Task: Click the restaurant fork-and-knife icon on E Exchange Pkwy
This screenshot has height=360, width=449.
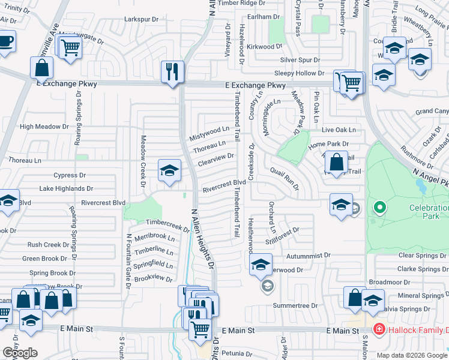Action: tap(172, 71)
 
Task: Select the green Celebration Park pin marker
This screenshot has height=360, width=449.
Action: tap(379, 209)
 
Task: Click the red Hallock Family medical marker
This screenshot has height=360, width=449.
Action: tap(379, 329)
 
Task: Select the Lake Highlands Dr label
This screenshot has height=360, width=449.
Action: tap(65, 188)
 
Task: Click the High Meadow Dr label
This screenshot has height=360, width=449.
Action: tap(44, 127)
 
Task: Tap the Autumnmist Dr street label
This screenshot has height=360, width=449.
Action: tap(309, 255)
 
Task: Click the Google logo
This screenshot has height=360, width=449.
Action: tap(20, 353)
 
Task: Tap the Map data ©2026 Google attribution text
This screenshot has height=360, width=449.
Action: tap(412, 355)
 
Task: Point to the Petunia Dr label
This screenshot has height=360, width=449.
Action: tap(239, 353)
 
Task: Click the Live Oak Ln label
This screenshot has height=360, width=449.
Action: tap(339, 130)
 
